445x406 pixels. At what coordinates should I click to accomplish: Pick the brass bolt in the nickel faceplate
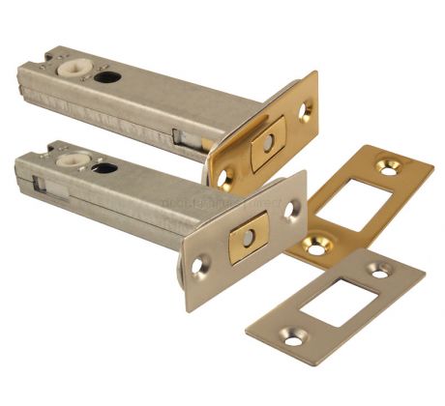point(248,235)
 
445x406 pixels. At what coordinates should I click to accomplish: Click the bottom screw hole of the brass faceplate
point(226,177)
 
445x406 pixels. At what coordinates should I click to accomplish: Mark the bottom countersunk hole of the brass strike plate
point(315,246)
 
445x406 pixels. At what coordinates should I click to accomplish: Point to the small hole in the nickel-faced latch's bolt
point(248,235)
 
